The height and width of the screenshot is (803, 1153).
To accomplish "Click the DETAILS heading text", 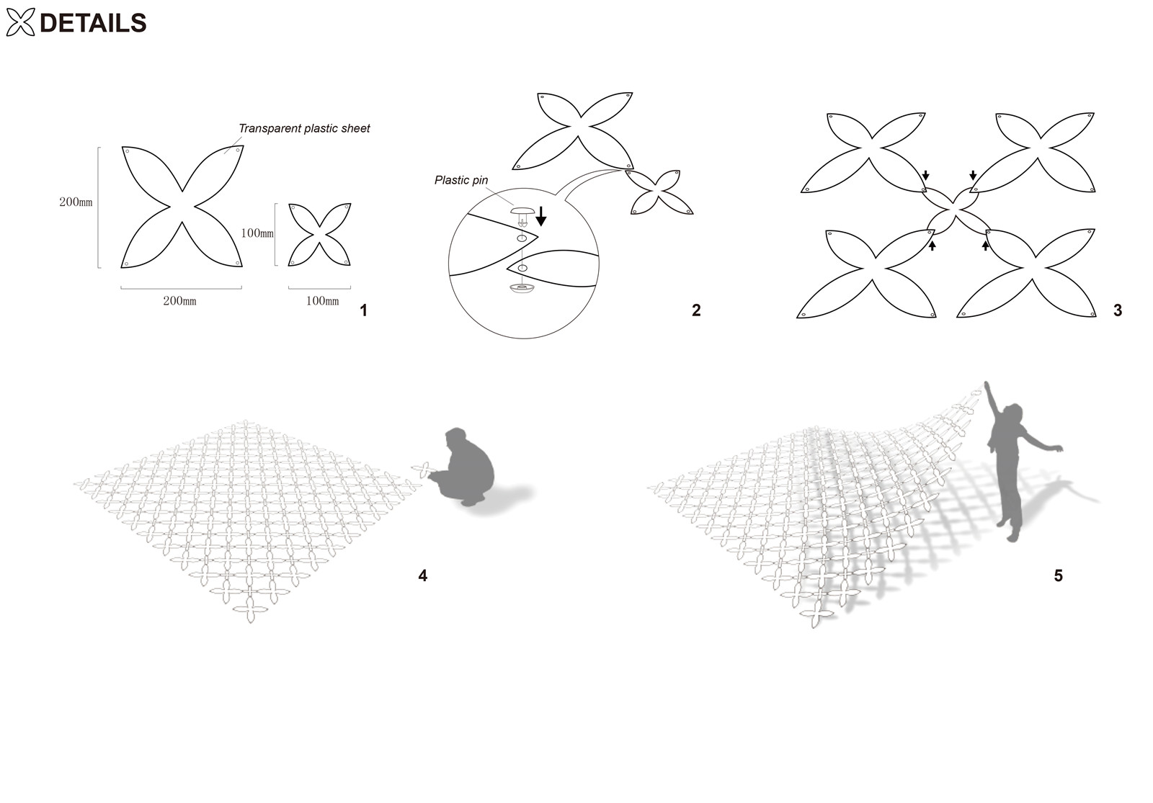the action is point(93,23).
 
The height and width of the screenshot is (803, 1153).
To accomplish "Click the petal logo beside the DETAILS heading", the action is point(20,22).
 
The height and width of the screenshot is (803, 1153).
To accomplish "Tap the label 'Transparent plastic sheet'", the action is point(304,129).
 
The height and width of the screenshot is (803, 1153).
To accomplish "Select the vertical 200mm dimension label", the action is point(76,202).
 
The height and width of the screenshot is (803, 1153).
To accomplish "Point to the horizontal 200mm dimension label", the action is point(179,301).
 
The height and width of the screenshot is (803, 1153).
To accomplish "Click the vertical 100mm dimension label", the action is point(257,233).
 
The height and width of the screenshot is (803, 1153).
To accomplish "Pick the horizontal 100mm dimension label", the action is point(322,301).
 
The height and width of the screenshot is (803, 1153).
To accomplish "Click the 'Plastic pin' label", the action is point(461,180).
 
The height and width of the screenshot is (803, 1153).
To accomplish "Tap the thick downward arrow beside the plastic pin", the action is point(540,216).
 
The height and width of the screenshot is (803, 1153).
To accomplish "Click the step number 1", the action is point(363,310).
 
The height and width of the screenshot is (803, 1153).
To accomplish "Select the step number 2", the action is point(696,310).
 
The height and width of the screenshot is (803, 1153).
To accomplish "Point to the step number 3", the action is point(1118,310).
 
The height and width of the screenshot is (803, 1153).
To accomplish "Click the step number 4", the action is point(422,575).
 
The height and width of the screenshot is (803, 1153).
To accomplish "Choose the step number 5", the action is point(1059,575).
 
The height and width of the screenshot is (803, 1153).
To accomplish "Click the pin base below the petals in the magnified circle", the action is point(522,288).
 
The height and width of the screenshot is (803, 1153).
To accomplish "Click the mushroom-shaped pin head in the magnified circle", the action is point(522,212).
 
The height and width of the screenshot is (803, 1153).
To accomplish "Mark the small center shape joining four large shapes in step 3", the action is point(956,211).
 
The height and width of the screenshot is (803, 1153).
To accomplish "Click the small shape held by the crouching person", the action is point(423,470).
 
